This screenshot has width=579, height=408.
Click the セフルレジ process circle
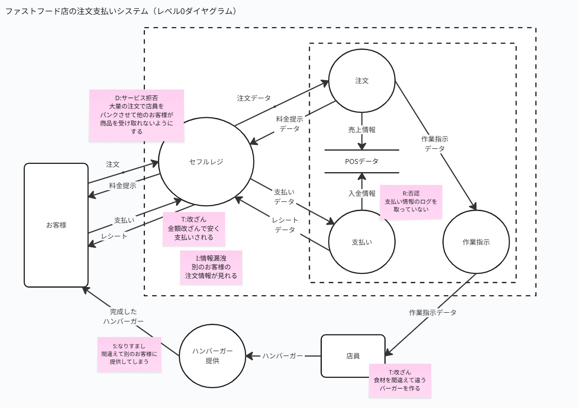(x=206, y=162)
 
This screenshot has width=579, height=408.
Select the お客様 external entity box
(x=56, y=225)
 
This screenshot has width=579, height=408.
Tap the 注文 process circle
(x=362, y=81)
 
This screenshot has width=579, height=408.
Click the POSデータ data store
(x=362, y=161)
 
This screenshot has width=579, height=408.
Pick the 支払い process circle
(x=362, y=242)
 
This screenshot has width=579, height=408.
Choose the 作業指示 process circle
(x=476, y=242)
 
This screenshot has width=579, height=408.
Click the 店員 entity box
(x=353, y=355)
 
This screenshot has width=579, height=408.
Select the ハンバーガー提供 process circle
(x=212, y=356)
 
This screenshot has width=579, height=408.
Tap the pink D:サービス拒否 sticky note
(x=137, y=115)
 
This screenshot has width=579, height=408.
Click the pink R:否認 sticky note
(x=411, y=201)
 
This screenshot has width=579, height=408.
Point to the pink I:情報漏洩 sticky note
(x=211, y=267)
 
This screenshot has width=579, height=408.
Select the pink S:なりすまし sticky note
(x=129, y=355)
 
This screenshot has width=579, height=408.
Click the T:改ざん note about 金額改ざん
(x=193, y=229)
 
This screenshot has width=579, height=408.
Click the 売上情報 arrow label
(x=362, y=130)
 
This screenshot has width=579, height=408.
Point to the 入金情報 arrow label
(x=362, y=193)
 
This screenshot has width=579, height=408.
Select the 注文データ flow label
(x=254, y=98)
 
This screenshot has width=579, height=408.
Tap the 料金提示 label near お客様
(x=123, y=185)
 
